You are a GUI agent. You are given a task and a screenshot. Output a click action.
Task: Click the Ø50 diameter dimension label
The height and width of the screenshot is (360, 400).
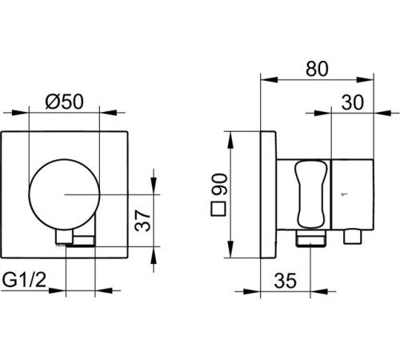[x=64, y=102]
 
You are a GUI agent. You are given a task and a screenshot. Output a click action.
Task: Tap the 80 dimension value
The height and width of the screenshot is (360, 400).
[x=317, y=69]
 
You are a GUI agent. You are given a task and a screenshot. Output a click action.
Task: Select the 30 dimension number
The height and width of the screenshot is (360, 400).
[x=352, y=102]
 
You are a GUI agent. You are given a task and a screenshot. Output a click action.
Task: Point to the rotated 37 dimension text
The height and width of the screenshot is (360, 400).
[x=142, y=221]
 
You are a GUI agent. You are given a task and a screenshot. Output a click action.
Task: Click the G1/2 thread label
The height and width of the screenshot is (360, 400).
[x=24, y=280]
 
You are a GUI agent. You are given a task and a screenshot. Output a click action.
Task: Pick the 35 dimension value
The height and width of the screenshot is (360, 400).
[x=285, y=281]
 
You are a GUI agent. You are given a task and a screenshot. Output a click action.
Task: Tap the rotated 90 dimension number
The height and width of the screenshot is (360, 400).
[x=219, y=184]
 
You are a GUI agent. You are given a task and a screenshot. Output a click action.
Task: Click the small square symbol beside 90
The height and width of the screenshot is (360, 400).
[x=218, y=209]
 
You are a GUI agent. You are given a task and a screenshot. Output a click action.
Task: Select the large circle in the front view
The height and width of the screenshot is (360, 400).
[x=64, y=194]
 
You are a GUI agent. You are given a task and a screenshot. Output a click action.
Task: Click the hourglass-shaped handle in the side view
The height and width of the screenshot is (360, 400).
[x=311, y=194]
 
